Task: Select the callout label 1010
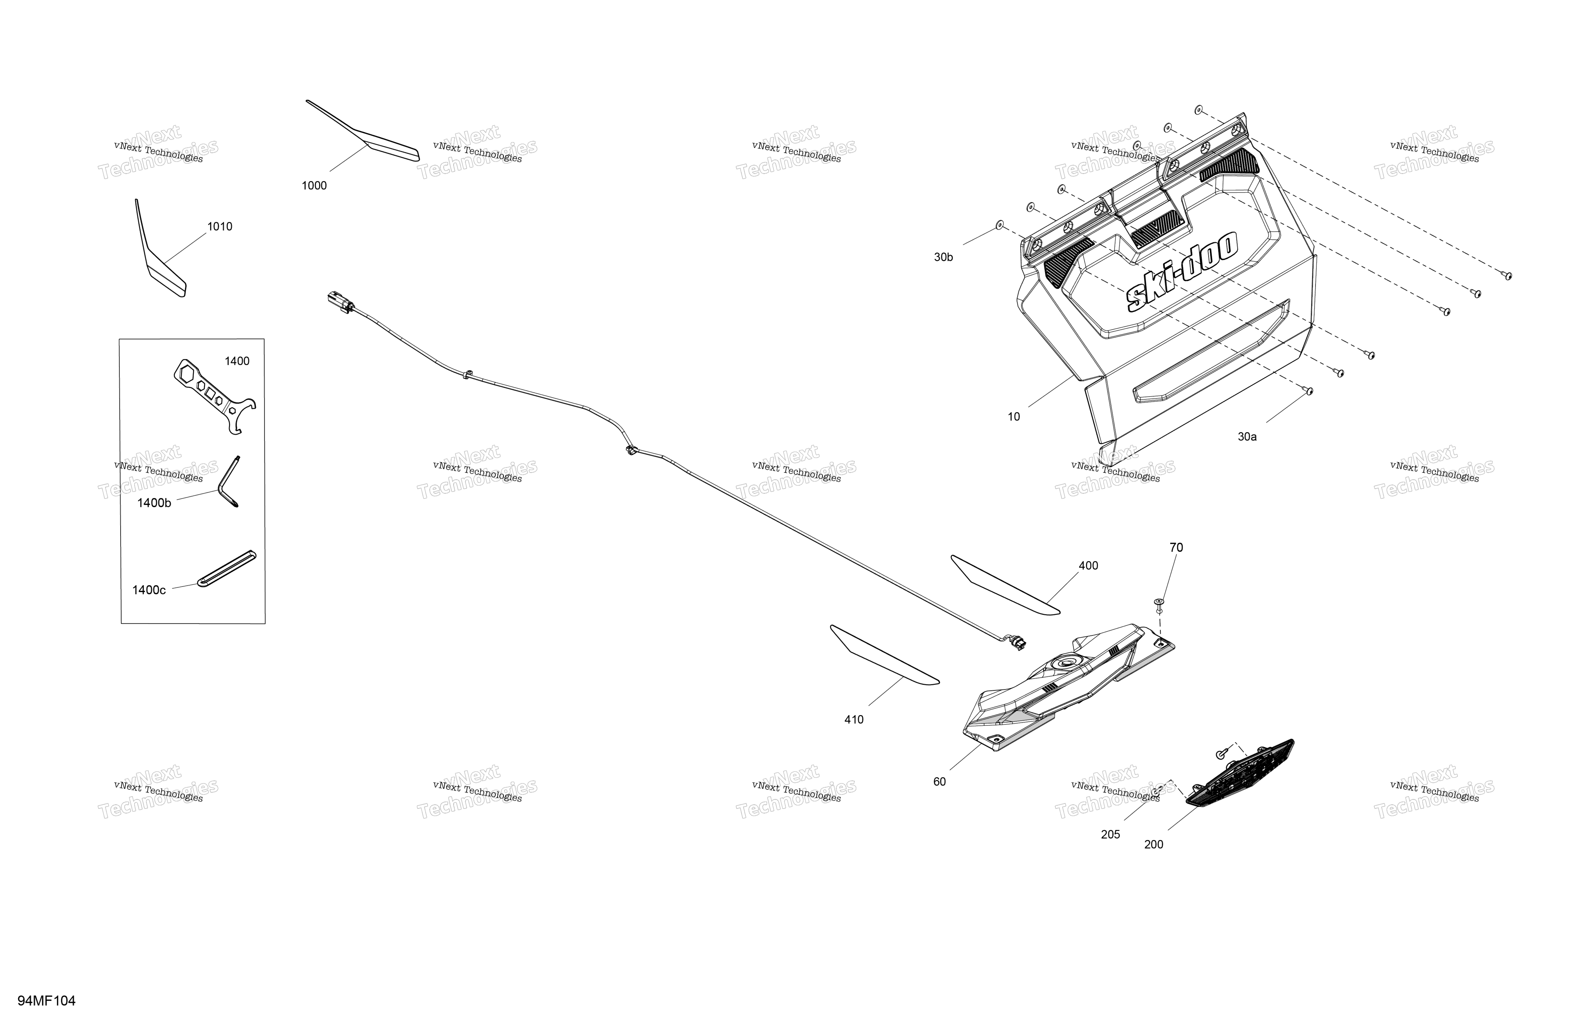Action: pos(220,227)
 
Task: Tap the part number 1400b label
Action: pos(154,503)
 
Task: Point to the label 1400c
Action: pos(149,590)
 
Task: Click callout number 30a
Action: pos(1247,437)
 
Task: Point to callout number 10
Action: pos(1013,417)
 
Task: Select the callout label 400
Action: pos(1088,566)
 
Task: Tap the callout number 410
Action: pos(854,719)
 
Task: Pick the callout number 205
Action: pos(1110,834)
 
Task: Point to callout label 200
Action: pos(1154,844)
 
